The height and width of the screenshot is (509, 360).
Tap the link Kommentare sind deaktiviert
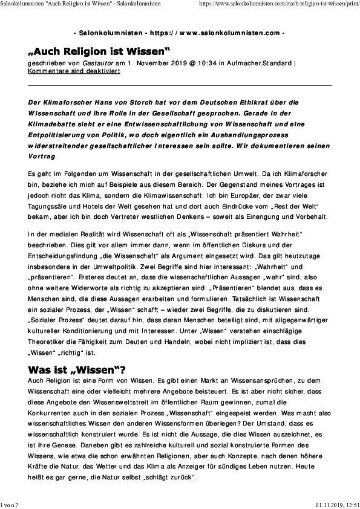pyautogui.click(x=74, y=71)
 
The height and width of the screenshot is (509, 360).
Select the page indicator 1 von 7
pyautogui.click(x=10, y=504)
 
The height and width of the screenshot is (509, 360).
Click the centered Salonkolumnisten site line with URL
pyautogui.click(x=180, y=31)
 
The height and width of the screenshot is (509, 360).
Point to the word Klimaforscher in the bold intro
pyautogui.click(x=65, y=102)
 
